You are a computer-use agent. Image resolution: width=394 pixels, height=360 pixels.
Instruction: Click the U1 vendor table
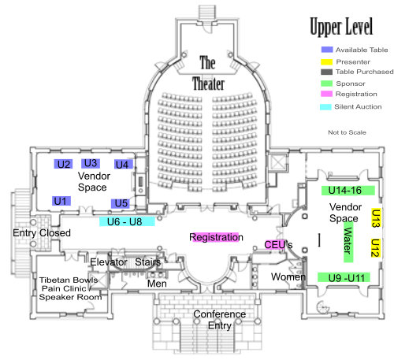(x=61, y=201)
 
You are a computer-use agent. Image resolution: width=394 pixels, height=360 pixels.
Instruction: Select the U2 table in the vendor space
(x=63, y=164)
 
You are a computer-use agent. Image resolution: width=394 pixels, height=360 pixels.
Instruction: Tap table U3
(x=91, y=163)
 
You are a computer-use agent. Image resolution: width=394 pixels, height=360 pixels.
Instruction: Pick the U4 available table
(x=124, y=165)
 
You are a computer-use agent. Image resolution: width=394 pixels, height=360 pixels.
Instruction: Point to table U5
(x=121, y=203)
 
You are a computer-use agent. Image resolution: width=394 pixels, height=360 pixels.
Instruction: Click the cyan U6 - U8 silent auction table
(x=127, y=221)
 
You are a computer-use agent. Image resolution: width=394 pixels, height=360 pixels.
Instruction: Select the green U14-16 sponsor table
(x=348, y=191)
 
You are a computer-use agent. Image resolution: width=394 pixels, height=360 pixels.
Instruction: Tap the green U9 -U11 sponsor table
(x=344, y=277)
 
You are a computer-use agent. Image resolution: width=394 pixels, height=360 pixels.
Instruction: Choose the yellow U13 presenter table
(x=376, y=217)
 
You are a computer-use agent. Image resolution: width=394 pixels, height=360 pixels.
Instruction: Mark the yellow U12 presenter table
(x=376, y=248)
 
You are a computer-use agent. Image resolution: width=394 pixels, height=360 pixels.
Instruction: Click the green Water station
(x=348, y=242)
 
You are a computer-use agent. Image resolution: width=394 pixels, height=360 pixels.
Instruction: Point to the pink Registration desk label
(x=216, y=237)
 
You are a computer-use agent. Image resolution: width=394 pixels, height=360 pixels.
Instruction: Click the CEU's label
(x=278, y=244)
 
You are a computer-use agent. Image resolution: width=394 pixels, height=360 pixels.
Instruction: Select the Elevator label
(x=109, y=262)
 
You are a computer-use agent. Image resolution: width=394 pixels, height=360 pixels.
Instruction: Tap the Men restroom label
(x=157, y=284)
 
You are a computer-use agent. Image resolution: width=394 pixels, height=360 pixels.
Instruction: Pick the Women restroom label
(x=288, y=276)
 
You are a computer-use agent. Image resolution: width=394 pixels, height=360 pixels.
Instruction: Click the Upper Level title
(x=341, y=26)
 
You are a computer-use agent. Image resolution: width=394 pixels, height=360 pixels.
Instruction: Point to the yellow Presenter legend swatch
(x=326, y=62)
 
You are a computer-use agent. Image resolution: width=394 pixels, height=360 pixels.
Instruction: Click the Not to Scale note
(x=347, y=132)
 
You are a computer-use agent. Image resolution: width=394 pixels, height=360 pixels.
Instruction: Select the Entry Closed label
(x=42, y=233)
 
